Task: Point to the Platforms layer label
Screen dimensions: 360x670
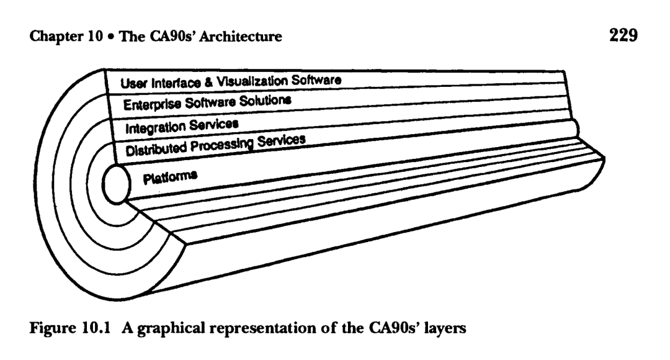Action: point(170,178)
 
